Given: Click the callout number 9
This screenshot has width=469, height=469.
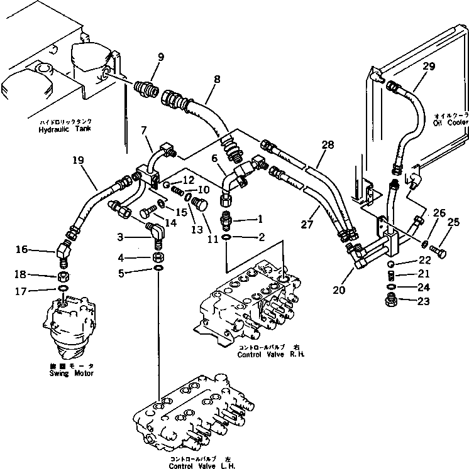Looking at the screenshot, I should (x=160, y=57).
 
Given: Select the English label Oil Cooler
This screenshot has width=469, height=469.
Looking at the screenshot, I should (x=450, y=122).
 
